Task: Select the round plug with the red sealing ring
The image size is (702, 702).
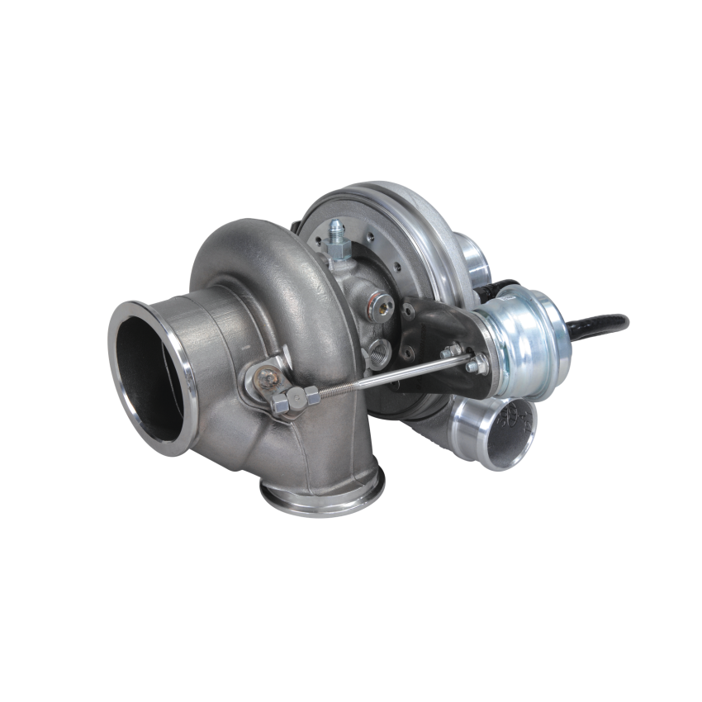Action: click(382, 306)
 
